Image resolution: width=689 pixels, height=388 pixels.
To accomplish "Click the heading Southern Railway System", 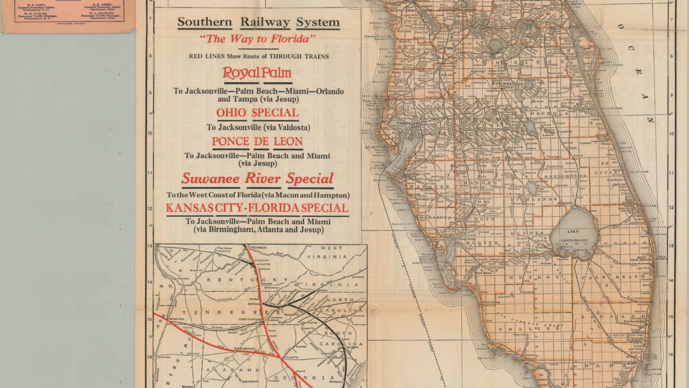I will click(258, 22).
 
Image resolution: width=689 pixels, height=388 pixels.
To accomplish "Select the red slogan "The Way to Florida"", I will click(257, 39).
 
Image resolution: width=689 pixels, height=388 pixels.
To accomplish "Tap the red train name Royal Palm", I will click(257, 73).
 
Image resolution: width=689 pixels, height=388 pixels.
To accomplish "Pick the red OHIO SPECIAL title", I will click(257, 113).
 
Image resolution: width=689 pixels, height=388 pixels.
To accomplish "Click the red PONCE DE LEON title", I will click(257, 142).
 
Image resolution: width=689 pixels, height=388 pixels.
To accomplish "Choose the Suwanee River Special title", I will click(257, 178).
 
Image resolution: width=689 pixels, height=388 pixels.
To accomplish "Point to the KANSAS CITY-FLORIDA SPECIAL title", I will click(257, 208).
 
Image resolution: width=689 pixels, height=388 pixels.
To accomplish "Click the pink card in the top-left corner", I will click(67, 15).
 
